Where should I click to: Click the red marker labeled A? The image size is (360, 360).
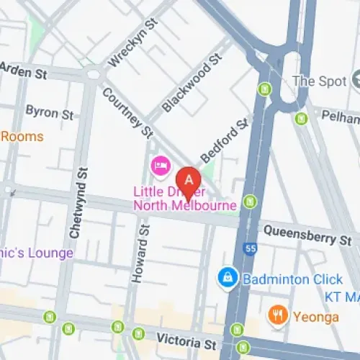pyautogui.click(x=188, y=181)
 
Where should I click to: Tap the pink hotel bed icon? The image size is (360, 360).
pyautogui.click(x=160, y=167)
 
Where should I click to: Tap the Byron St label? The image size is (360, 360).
pyautogui.click(x=49, y=112)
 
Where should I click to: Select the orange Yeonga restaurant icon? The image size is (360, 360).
pyautogui.click(x=276, y=314)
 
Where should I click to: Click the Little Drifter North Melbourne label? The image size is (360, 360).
pyautogui.click(x=185, y=199)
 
